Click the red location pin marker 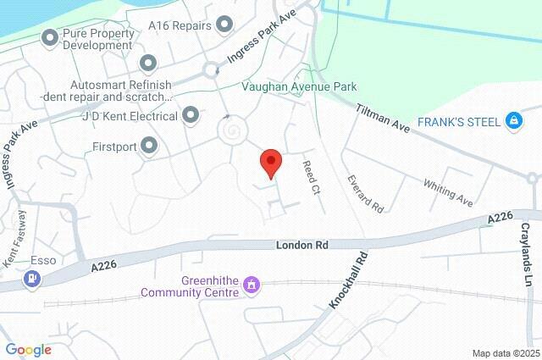tap(270, 162)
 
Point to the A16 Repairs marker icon tap(224, 25)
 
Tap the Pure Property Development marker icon tap(49, 37)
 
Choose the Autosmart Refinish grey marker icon tap(148, 63)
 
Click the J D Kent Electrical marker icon tap(191, 114)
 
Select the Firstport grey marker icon tap(150, 147)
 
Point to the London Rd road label tap(301, 244)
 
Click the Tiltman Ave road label tap(383, 118)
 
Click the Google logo tap(28, 349)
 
